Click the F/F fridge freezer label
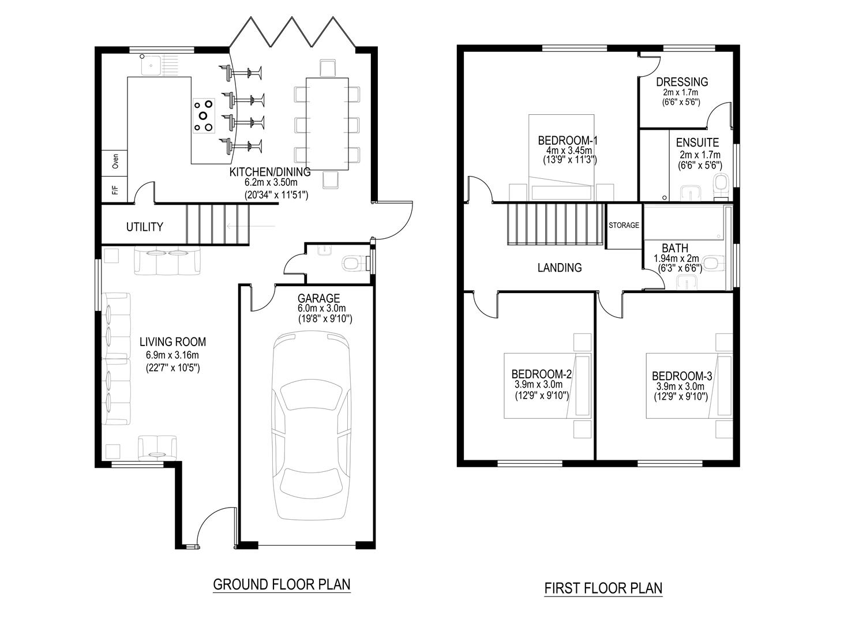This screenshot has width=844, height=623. [115, 189]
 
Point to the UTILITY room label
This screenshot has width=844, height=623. [144, 227]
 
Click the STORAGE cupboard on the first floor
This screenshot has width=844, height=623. [624, 226]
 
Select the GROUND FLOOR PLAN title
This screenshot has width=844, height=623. [282, 584]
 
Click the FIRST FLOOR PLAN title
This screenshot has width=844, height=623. [603, 588]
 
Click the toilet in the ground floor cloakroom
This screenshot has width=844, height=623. [354, 265]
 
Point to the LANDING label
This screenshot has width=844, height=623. [559, 268]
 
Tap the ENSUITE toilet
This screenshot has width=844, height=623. [720, 185]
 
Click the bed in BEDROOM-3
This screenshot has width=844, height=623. [687, 385]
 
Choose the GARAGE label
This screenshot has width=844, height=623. [318, 298]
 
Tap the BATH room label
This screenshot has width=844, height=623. [674, 249]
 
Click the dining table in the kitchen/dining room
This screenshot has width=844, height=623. [327, 123]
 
